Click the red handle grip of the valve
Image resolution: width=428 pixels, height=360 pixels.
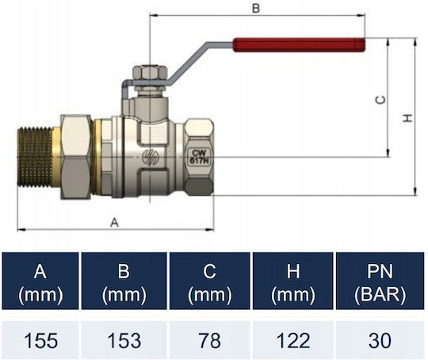[x=299, y=44]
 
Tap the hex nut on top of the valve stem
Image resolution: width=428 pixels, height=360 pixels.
[x=150, y=73]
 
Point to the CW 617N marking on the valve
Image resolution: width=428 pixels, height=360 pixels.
[x=199, y=157]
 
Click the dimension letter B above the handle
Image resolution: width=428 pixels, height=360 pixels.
[x=256, y=9]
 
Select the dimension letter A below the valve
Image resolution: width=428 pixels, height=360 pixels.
[x=115, y=223]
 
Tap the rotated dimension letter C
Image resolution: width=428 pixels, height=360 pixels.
[x=380, y=100]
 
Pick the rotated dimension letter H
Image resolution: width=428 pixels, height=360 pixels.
[x=407, y=118]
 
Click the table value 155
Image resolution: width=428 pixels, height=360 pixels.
[x=40, y=341]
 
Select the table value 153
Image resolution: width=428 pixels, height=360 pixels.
[x=124, y=341]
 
